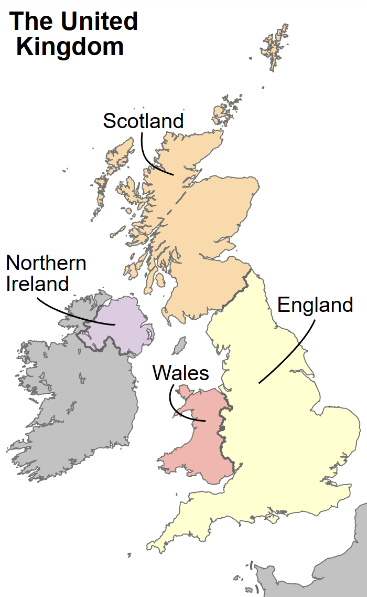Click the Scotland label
coord(143,121)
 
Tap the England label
coord(315,305)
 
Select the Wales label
coord(180,373)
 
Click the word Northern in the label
coord(46,263)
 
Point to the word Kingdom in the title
coord(70,46)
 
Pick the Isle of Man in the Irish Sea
coord(180,345)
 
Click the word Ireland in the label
coord(38,284)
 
